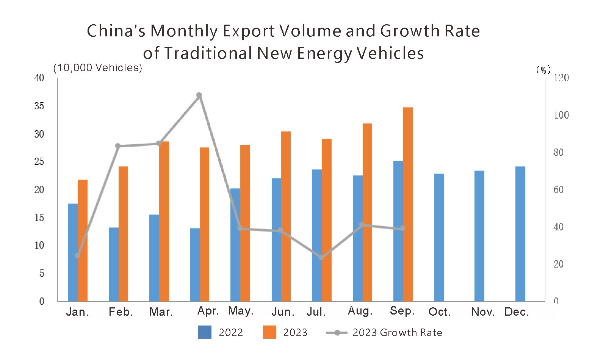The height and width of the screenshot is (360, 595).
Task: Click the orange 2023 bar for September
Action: point(408,205)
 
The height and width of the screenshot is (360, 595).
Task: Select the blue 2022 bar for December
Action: point(520,234)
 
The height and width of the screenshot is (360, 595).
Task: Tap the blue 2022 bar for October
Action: point(439,238)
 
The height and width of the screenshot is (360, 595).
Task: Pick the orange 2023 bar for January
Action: point(83,241)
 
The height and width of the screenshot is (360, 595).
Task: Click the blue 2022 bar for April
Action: point(195,265)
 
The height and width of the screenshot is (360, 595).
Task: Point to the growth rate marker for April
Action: point(199,95)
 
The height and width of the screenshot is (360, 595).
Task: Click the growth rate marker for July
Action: point(321,258)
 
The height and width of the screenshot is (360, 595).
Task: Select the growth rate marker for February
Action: point(118,146)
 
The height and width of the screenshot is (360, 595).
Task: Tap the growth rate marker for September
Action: point(403,228)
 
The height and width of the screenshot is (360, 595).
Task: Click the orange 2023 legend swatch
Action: point(269,332)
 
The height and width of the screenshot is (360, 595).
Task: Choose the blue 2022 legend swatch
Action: point(205,332)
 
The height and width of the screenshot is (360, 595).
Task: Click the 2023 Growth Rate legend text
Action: point(397,333)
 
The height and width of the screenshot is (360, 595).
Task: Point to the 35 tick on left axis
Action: point(39,106)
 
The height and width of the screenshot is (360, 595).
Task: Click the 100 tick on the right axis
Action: point(561,115)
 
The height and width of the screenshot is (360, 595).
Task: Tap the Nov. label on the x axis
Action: point(483,312)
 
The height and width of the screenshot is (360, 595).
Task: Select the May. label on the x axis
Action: point(241,311)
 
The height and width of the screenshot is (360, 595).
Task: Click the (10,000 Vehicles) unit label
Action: point(98,68)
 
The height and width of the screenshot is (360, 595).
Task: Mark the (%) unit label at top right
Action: point(543,70)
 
